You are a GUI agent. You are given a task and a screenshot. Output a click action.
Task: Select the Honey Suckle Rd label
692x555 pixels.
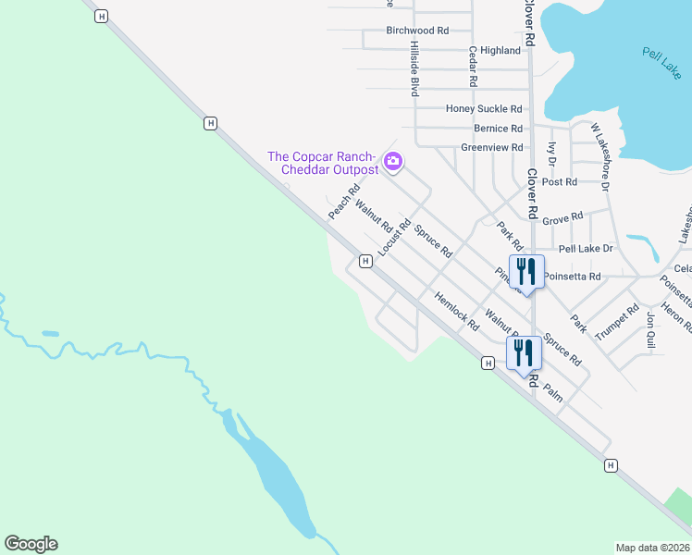484,109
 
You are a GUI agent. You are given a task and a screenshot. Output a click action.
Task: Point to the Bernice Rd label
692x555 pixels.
498,129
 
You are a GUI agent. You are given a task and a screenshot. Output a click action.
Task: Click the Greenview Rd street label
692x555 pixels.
491,148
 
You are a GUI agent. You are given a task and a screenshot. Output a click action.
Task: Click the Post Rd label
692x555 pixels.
560,182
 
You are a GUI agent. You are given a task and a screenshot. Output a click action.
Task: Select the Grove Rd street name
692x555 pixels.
562,219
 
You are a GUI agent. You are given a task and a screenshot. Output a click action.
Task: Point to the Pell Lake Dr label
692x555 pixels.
586,249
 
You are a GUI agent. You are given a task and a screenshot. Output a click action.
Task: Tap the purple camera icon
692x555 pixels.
393,163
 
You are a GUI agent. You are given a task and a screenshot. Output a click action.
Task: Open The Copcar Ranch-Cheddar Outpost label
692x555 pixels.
323,163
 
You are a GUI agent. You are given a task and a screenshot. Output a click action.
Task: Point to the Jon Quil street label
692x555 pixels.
651,330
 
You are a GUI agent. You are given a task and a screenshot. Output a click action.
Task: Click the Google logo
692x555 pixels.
31,544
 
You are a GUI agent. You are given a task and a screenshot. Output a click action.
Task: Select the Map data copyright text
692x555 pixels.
652,548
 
